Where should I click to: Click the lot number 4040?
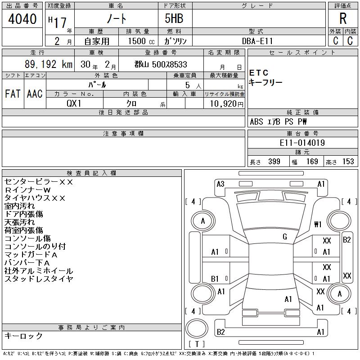pos(22,19)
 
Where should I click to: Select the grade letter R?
pos(343,18)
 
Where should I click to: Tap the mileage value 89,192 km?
pos(49,64)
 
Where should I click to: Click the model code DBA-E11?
pos(257,41)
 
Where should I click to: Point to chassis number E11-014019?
pos(302,143)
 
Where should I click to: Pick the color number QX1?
pos(74,103)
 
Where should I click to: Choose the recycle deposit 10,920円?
pos(226,104)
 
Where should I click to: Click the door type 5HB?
pos(174,18)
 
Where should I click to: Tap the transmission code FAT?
pos(13,94)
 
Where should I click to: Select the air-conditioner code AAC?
pos(35,94)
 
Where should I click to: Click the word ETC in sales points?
pos(258,73)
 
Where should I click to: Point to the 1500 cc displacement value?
pos(141,41)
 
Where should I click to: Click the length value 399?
pos(274,162)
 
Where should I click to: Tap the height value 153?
pos(348,162)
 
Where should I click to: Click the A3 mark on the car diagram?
pos(220,184)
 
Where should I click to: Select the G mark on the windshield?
pos(285,237)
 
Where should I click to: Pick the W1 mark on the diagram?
pos(318,224)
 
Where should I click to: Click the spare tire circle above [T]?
pos(197,328)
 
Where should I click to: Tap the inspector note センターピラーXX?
pos(39,182)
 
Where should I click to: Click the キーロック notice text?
pos(23,336)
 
